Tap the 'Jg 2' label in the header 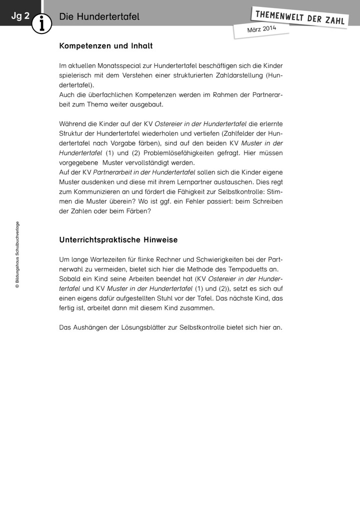(20, 16)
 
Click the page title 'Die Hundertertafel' (99, 17)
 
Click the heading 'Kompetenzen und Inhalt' (105, 46)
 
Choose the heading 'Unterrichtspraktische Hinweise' (118, 240)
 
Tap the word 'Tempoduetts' (239, 269)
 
